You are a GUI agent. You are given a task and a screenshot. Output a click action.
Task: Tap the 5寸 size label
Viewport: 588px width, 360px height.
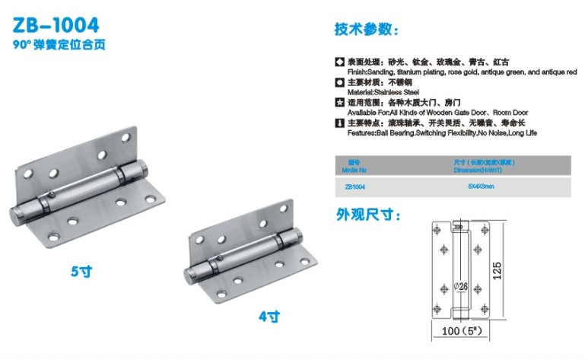tap(81, 270)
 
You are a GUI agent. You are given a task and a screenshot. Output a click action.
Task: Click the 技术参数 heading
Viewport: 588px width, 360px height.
tap(364, 30)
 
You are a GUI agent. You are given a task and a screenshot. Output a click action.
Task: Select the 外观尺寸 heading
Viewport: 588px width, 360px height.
tap(369, 215)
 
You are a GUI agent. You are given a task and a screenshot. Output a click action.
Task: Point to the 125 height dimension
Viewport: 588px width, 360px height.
tap(497, 270)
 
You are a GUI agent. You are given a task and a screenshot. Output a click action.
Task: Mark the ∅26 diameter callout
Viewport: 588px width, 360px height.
tap(460, 286)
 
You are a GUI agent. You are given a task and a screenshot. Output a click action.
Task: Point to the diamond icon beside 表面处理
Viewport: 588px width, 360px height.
tap(339, 60)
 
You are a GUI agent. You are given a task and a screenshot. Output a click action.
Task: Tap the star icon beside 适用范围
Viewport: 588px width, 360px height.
tap(339, 102)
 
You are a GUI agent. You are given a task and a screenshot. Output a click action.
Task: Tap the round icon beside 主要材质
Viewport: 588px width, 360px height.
tap(339, 81)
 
